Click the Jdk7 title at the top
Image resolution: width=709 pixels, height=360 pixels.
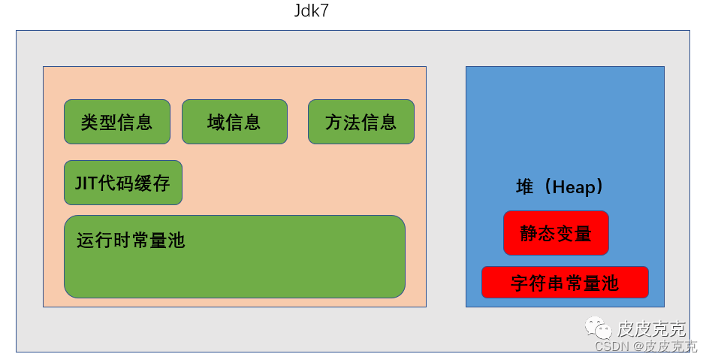311,13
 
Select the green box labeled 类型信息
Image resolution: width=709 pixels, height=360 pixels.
117,122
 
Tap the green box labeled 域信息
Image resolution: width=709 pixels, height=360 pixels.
234,122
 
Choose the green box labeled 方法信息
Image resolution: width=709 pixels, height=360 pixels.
361,122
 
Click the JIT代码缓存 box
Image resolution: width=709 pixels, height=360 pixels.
123,183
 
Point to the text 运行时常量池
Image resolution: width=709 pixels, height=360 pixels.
131,241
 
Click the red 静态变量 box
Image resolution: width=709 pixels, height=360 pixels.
556,233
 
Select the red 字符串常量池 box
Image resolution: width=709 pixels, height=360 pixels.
565,283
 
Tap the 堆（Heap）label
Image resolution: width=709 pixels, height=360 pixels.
560,188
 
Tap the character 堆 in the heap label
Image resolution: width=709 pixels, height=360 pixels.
524,188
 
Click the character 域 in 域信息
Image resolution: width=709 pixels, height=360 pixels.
216,122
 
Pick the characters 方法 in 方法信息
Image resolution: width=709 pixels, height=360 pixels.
342,122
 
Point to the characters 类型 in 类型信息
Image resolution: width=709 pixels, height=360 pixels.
99,122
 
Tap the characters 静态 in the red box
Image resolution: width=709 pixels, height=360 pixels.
538,233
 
